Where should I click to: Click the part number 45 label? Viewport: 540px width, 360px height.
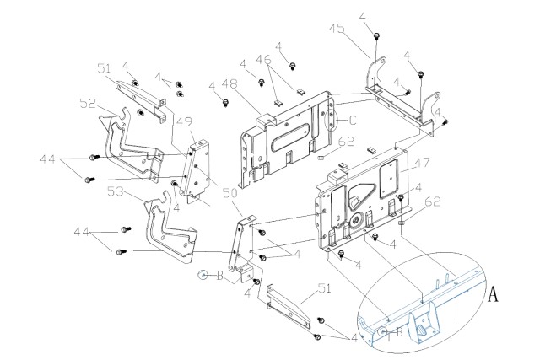point(337,29)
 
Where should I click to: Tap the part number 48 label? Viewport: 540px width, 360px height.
point(229,83)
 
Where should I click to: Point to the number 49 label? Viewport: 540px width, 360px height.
point(184,122)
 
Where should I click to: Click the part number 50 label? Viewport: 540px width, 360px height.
point(230,193)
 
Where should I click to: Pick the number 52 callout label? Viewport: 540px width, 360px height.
point(88,103)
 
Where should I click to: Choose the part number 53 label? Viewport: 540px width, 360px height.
point(116,191)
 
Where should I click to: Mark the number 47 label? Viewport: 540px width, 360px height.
point(422,162)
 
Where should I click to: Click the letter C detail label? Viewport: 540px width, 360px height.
point(352,121)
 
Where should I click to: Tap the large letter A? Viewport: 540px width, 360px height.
point(494,294)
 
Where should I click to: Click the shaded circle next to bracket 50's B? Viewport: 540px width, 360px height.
point(202,275)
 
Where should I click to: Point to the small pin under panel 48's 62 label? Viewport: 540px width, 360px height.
point(321,158)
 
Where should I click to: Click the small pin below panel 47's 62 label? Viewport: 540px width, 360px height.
point(402,223)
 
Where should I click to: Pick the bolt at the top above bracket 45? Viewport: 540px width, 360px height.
point(376,35)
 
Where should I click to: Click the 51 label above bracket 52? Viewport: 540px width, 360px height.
point(104,68)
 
